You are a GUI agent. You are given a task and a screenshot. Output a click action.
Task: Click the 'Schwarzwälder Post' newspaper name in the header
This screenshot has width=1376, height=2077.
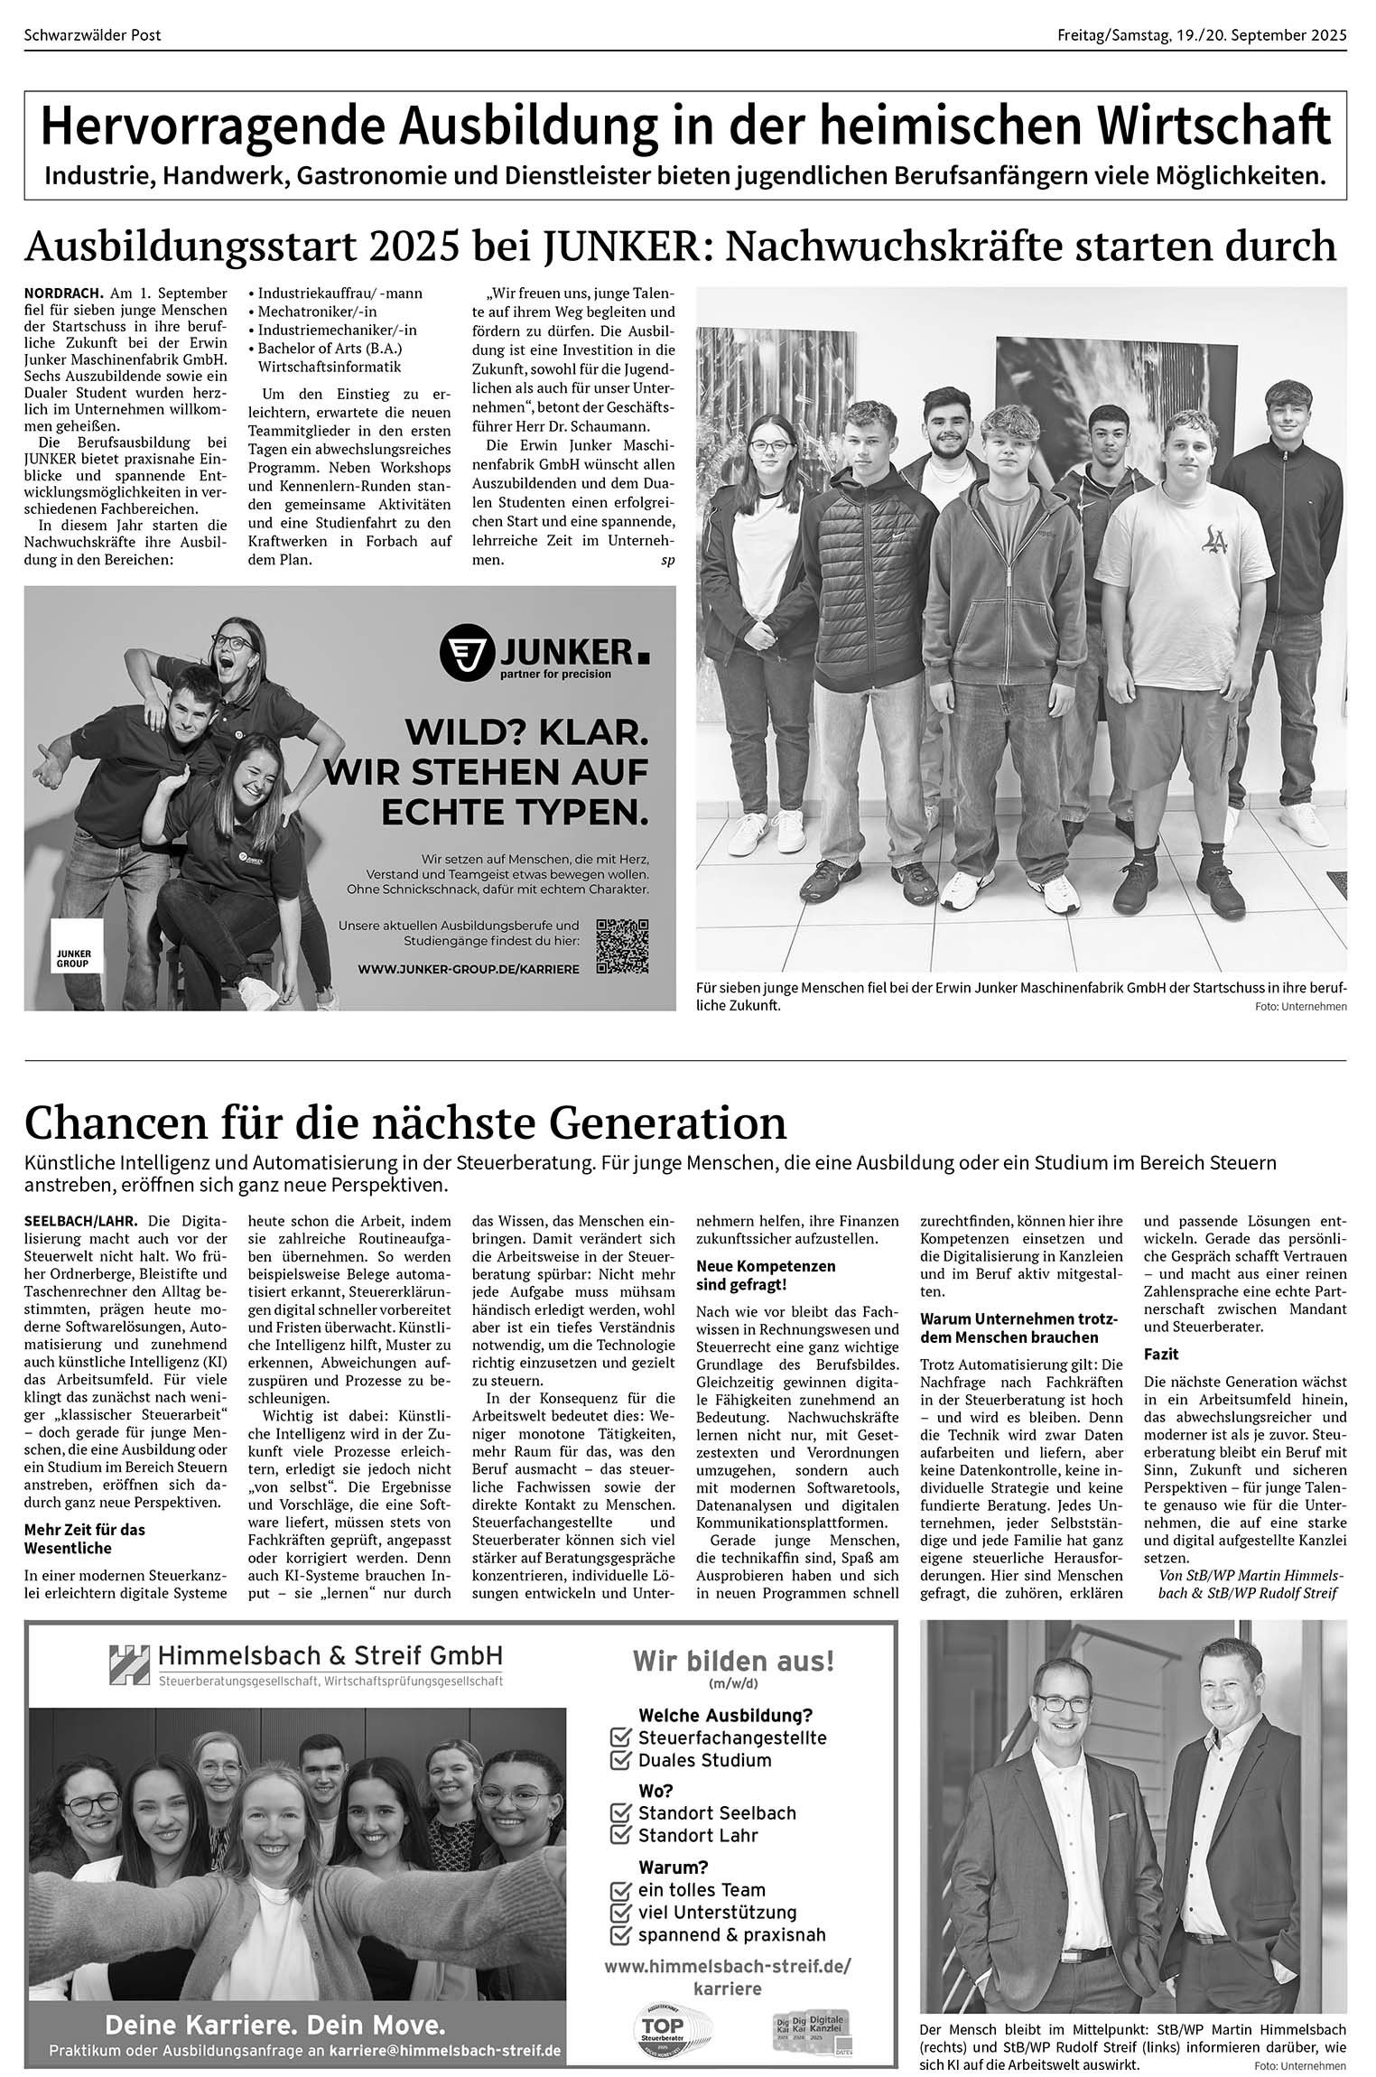(93, 35)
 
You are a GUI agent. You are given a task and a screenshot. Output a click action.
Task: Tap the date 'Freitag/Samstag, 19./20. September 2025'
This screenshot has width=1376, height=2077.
(1202, 35)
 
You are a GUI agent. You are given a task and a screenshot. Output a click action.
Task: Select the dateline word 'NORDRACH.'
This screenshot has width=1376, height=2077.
(64, 293)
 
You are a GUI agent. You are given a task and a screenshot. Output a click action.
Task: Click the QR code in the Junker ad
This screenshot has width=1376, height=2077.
(622, 945)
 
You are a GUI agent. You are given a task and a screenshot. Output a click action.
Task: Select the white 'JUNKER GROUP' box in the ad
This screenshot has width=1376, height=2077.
(78, 945)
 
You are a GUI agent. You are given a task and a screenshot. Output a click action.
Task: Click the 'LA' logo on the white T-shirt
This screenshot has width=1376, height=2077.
(1215, 539)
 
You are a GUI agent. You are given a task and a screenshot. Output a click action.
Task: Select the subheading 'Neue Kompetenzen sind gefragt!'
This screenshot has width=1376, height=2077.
(766, 1275)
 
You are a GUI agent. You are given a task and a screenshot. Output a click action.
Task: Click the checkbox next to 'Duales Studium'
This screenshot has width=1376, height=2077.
(620, 1760)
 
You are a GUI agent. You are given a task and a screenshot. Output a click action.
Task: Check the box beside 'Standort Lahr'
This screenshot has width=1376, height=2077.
(620, 1835)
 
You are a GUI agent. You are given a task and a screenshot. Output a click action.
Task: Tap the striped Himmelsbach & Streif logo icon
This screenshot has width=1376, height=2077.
(129, 1664)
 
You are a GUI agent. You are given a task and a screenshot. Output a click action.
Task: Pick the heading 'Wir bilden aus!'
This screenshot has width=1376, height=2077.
(733, 1661)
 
